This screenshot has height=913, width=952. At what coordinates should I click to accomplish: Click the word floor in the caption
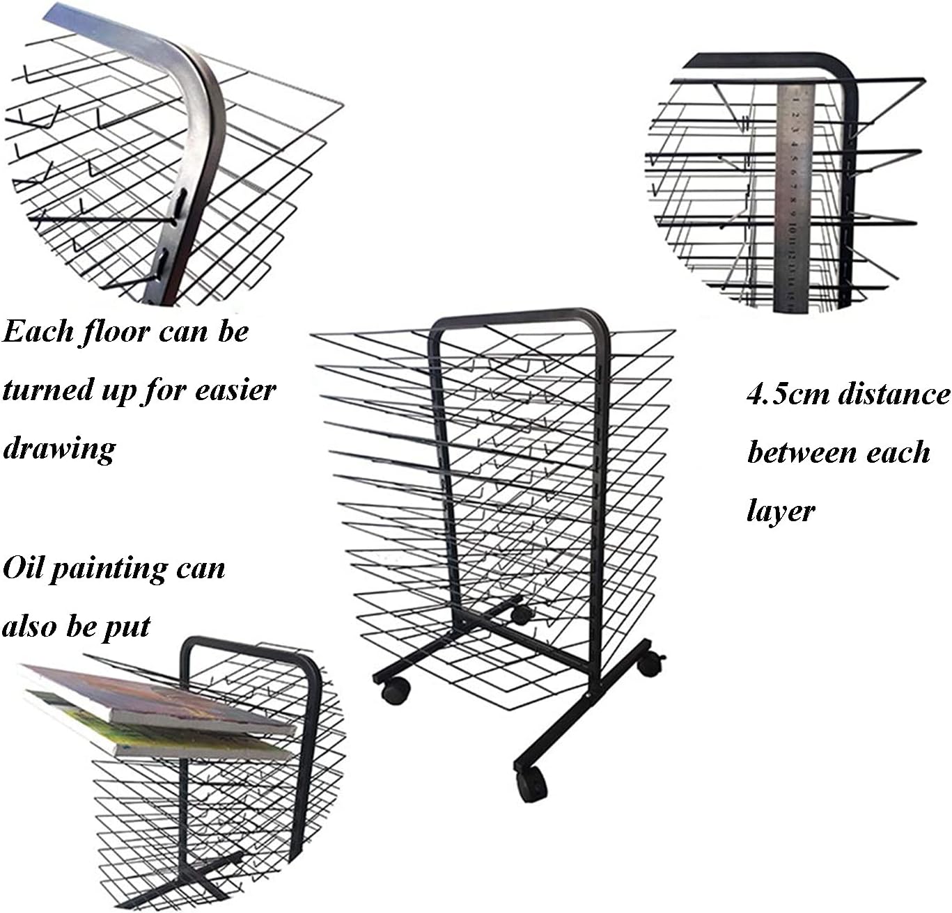[114, 332]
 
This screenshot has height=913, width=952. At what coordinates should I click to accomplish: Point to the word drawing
[59, 449]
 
